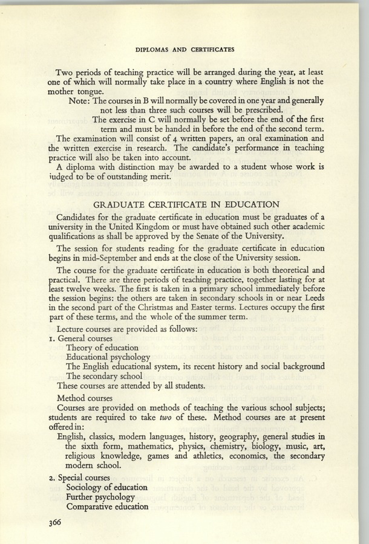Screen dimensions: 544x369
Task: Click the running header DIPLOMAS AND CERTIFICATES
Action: coord(184,47)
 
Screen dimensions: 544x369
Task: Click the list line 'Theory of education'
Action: coord(102,348)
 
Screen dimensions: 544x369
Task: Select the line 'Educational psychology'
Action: coord(108,357)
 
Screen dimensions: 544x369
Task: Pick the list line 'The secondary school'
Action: coord(105,376)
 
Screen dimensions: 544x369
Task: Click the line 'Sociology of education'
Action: coord(106,487)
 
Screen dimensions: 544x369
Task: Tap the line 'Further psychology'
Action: coord(100,497)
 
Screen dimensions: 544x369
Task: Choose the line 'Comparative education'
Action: coord(107,507)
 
